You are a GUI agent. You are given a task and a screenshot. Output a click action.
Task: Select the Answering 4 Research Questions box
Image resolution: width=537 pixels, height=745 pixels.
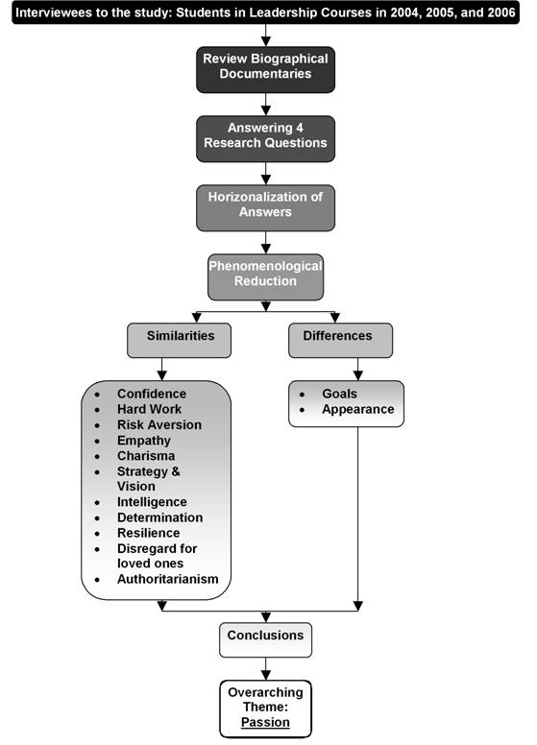coord(265,136)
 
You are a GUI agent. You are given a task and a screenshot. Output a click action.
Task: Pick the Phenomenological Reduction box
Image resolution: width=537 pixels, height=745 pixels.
coord(265,275)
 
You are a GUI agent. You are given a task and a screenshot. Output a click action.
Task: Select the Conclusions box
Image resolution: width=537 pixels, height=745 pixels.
coord(265,637)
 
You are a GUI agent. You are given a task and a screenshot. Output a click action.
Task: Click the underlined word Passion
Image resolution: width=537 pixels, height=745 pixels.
coord(265,722)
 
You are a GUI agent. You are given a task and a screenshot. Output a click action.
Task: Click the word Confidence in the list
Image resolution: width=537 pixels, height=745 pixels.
coord(152,394)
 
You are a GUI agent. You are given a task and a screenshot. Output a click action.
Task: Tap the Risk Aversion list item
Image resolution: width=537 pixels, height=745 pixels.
coord(159,424)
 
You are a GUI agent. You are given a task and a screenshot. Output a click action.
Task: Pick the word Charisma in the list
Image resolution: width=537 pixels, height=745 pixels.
coord(148,456)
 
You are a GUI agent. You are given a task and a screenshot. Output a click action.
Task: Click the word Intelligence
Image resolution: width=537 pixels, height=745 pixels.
coord(152,502)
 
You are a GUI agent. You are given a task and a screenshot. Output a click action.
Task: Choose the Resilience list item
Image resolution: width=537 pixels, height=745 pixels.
coord(148,533)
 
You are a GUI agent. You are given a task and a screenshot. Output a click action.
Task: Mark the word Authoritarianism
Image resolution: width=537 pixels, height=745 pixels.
coord(167,579)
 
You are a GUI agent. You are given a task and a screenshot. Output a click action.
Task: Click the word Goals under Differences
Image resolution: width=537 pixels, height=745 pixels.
coord(340,394)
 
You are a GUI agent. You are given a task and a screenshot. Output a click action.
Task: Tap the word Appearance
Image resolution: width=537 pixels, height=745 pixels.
coord(357,409)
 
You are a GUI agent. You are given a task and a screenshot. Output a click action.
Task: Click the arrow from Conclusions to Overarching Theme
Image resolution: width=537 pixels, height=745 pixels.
coord(265,668)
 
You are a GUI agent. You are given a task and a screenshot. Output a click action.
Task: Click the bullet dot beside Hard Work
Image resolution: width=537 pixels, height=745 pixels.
coord(97,410)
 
